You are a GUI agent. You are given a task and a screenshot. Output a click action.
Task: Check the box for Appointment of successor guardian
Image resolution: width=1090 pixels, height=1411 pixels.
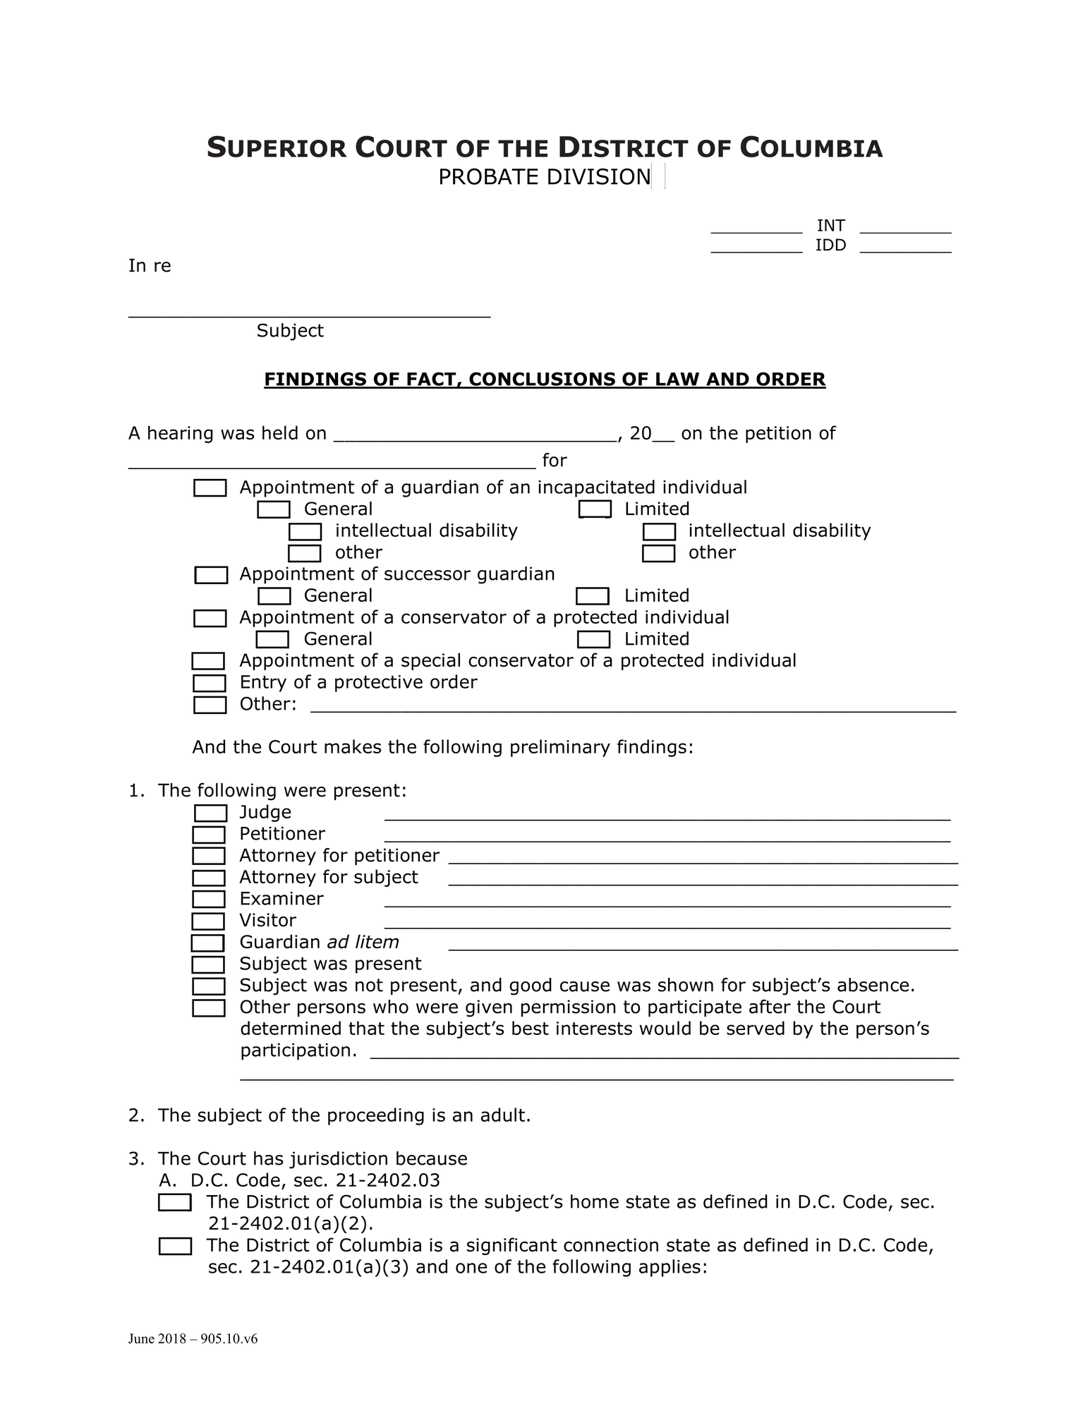[211, 575]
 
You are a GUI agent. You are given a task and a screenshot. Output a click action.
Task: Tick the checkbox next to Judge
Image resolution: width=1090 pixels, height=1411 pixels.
[210, 813]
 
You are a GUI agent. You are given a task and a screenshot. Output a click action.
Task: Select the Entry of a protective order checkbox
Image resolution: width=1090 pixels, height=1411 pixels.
[210, 683]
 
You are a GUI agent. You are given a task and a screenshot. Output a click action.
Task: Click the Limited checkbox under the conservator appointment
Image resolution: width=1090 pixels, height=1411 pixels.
[593, 640]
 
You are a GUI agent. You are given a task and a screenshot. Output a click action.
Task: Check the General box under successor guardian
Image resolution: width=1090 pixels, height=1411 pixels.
[274, 596]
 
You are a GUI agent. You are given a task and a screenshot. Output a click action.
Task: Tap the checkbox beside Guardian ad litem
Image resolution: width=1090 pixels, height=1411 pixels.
[208, 943]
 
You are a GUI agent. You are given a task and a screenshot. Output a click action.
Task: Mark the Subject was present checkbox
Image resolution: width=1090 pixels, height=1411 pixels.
[208, 964]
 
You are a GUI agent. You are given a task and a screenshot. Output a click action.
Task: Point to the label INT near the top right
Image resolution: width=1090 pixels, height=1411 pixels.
[830, 226]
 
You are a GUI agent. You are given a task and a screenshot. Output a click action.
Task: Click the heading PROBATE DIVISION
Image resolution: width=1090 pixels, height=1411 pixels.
[544, 177]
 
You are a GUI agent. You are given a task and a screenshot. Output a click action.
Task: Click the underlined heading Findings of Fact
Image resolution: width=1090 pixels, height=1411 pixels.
[544, 380]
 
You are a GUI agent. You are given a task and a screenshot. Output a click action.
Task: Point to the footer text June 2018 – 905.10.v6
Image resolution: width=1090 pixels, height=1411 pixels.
[193, 1339]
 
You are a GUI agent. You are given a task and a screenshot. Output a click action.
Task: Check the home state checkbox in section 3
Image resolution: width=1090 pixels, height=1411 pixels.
[175, 1203]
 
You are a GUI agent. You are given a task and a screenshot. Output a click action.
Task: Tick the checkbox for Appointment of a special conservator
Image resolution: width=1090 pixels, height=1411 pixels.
[208, 661]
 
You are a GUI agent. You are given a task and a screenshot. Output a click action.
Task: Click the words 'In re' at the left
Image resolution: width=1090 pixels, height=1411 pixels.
[150, 266]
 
